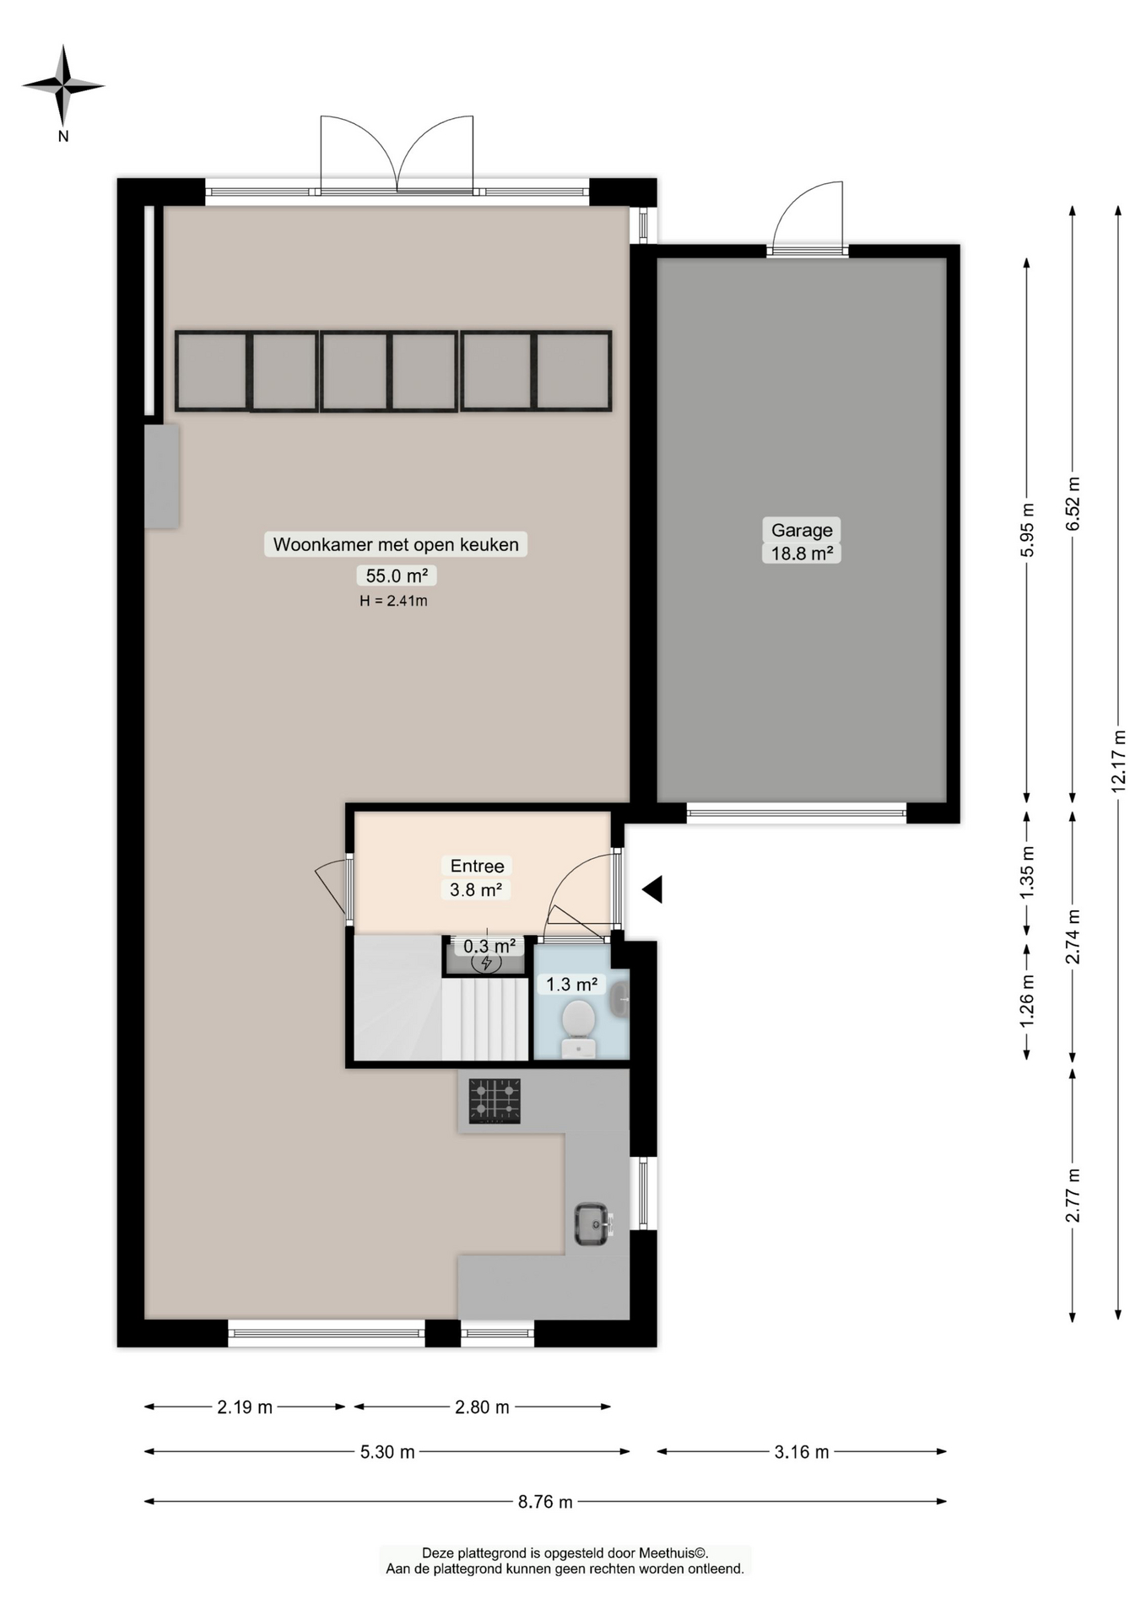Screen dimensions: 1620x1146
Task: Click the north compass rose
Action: pos(63,86)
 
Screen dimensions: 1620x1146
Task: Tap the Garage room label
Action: pos(801,530)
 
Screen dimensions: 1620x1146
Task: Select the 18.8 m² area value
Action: pos(801,553)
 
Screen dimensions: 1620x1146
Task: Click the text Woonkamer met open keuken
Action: pos(395,544)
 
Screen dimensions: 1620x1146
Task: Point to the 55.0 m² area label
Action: pos(395,575)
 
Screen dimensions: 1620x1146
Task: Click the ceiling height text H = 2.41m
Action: pos(393,601)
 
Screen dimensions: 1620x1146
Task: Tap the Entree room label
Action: pos(477,866)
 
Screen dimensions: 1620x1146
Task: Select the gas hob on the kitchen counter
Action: pos(495,1101)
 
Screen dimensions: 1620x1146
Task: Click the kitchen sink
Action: pos(592,1223)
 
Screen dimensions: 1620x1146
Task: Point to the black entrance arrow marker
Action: pos(652,889)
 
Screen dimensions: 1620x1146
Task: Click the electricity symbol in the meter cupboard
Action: pos(486,963)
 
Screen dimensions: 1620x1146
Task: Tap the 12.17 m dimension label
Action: pos(1118,759)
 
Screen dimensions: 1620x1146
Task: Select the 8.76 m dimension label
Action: pos(545,1502)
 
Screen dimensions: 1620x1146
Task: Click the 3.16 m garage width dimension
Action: pos(801,1452)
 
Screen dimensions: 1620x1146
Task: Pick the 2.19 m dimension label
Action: pos(245,1407)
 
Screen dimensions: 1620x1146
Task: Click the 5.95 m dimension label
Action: pos(1027,529)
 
